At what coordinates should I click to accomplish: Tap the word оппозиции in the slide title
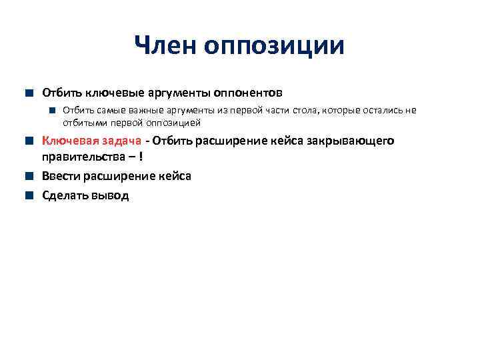pos(275,47)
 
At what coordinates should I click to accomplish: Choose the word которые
pos(342,110)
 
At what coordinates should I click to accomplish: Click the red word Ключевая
pos(69,141)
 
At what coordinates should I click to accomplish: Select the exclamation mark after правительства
pos(141,158)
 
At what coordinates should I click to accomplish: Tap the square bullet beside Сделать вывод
pos(31,196)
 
